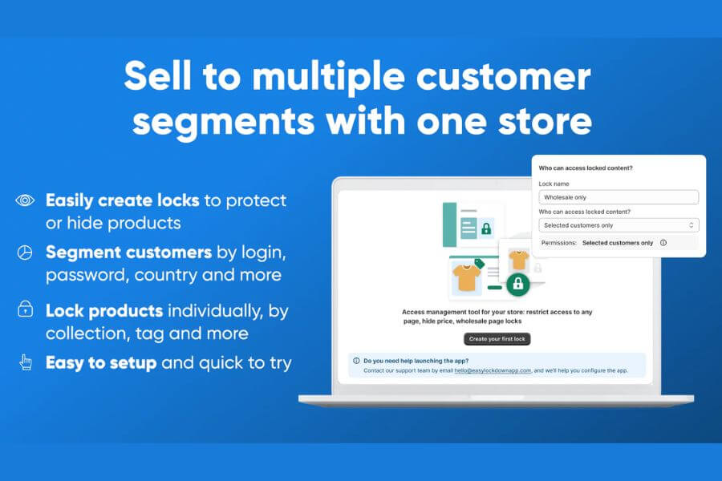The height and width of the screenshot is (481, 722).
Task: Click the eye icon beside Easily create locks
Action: (x=25, y=200)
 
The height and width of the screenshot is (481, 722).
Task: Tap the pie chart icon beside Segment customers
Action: (x=25, y=253)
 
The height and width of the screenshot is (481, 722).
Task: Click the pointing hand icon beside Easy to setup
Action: (x=25, y=362)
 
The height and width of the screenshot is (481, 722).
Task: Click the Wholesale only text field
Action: (x=618, y=197)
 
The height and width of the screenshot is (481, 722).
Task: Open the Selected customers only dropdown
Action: (x=618, y=225)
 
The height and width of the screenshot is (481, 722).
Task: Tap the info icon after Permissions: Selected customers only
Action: (x=663, y=243)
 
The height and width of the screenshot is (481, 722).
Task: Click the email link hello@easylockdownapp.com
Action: (x=493, y=371)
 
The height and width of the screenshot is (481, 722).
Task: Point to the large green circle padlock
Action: (x=518, y=283)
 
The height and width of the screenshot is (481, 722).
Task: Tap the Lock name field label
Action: (x=554, y=184)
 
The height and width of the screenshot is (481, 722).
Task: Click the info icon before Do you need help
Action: (x=356, y=361)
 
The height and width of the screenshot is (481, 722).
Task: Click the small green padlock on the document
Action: (x=486, y=228)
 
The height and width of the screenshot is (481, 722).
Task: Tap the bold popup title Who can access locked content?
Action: (x=586, y=168)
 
